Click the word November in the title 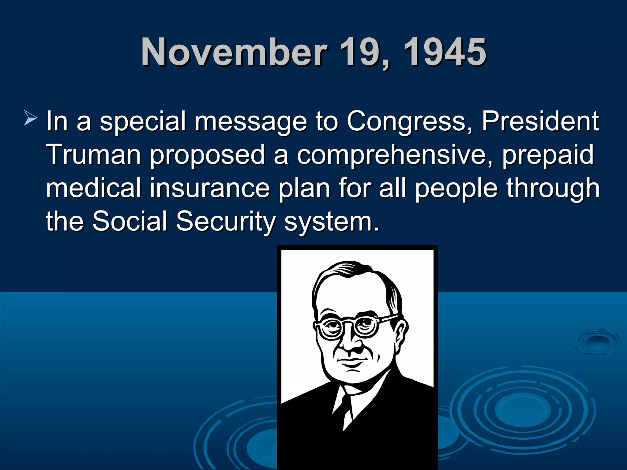pos(234,52)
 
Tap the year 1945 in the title pos(445,52)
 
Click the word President pos(540,121)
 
